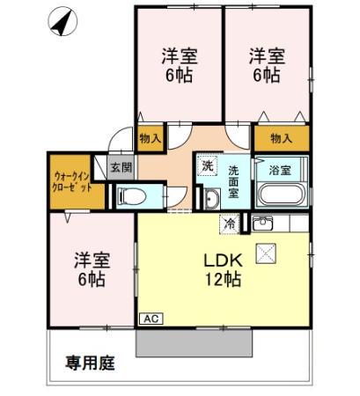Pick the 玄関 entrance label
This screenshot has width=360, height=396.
tap(121, 167)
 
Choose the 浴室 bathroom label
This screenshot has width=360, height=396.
tap(280, 167)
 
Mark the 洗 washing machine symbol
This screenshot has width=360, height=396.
tap(207, 165)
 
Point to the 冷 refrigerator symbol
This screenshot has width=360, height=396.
tap(230, 224)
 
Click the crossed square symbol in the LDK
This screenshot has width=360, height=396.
tap(265, 253)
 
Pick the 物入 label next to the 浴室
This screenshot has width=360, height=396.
tap(282, 138)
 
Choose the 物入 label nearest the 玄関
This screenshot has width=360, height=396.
tap(150, 138)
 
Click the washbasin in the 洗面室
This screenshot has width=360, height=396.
tap(212, 200)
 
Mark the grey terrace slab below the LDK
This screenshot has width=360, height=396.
tap(194, 342)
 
